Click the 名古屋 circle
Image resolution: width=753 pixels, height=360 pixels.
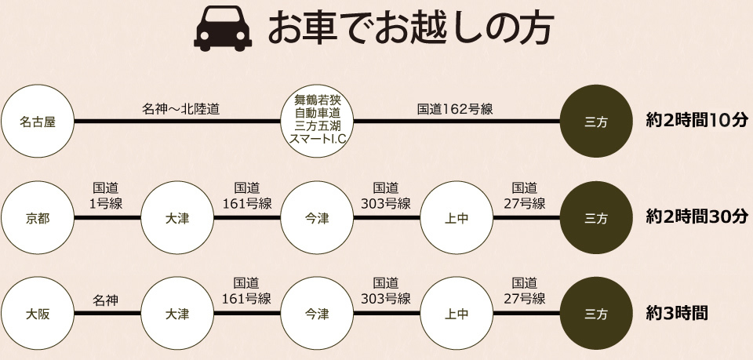tap(38, 122)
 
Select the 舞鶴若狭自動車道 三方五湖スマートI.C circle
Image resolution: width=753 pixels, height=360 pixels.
tap(318, 122)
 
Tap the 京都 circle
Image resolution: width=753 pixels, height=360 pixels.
tap(38, 219)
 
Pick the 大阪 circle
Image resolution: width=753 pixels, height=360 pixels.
tap(38, 314)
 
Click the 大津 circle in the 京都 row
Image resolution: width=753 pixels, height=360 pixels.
tap(177, 219)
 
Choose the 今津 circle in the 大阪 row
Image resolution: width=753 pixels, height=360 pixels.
tap(318, 314)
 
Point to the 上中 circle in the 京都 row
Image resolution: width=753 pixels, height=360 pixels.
tap(457, 219)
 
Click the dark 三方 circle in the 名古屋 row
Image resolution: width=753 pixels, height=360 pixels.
tap(596, 122)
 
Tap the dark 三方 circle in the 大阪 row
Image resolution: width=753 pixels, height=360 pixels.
tap(596, 314)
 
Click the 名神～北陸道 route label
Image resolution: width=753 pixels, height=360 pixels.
tap(180, 109)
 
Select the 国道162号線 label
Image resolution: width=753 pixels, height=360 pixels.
tap(455, 109)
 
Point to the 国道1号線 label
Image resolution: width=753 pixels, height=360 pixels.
tap(107, 196)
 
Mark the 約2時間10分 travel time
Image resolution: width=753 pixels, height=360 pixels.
tap(697, 121)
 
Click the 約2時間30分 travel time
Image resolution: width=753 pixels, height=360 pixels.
tap(697, 217)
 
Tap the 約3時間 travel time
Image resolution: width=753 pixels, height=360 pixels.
tap(677, 313)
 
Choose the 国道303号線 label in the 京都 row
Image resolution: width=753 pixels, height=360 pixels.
tap(387, 196)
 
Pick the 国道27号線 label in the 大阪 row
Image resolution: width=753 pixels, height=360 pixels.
tap(525, 291)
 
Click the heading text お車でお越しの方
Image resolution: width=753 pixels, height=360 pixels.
tap(412, 29)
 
